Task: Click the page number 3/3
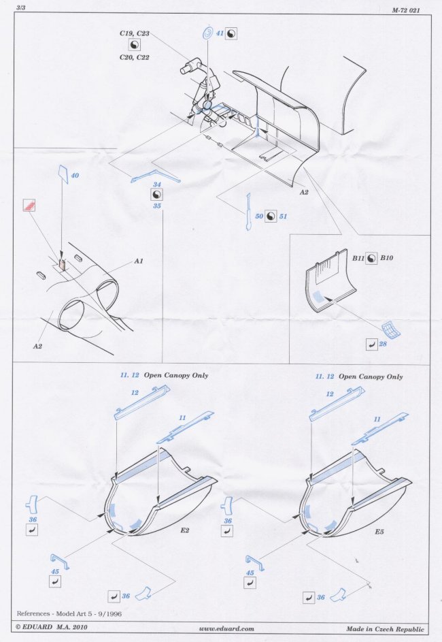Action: click(x=21, y=7)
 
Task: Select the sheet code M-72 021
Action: click(x=405, y=11)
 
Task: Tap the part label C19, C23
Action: click(x=135, y=33)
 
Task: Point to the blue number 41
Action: click(x=220, y=33)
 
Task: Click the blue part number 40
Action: click(x=75, y=175)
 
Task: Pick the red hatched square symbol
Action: click(x=29, y=205)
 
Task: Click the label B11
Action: click(x=358, y=258)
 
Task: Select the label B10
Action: click(x=386, y=258)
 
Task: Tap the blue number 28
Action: click(x=383, y=344)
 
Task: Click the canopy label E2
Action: click(x=185, y=530)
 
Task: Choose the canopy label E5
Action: click(x=379, y=532)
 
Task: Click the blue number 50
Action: click(x=259, y=216)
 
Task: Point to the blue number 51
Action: click(x=283, y=216)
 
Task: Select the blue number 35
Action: click(x=157, y=206)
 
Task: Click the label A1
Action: click(x=139, y=261)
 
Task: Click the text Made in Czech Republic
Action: click(x=385, y=629)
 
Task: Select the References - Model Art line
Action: click(x=69, y=613)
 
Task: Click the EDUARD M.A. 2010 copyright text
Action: click(x=52, y=627)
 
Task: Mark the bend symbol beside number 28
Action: click(x=372, y=344)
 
